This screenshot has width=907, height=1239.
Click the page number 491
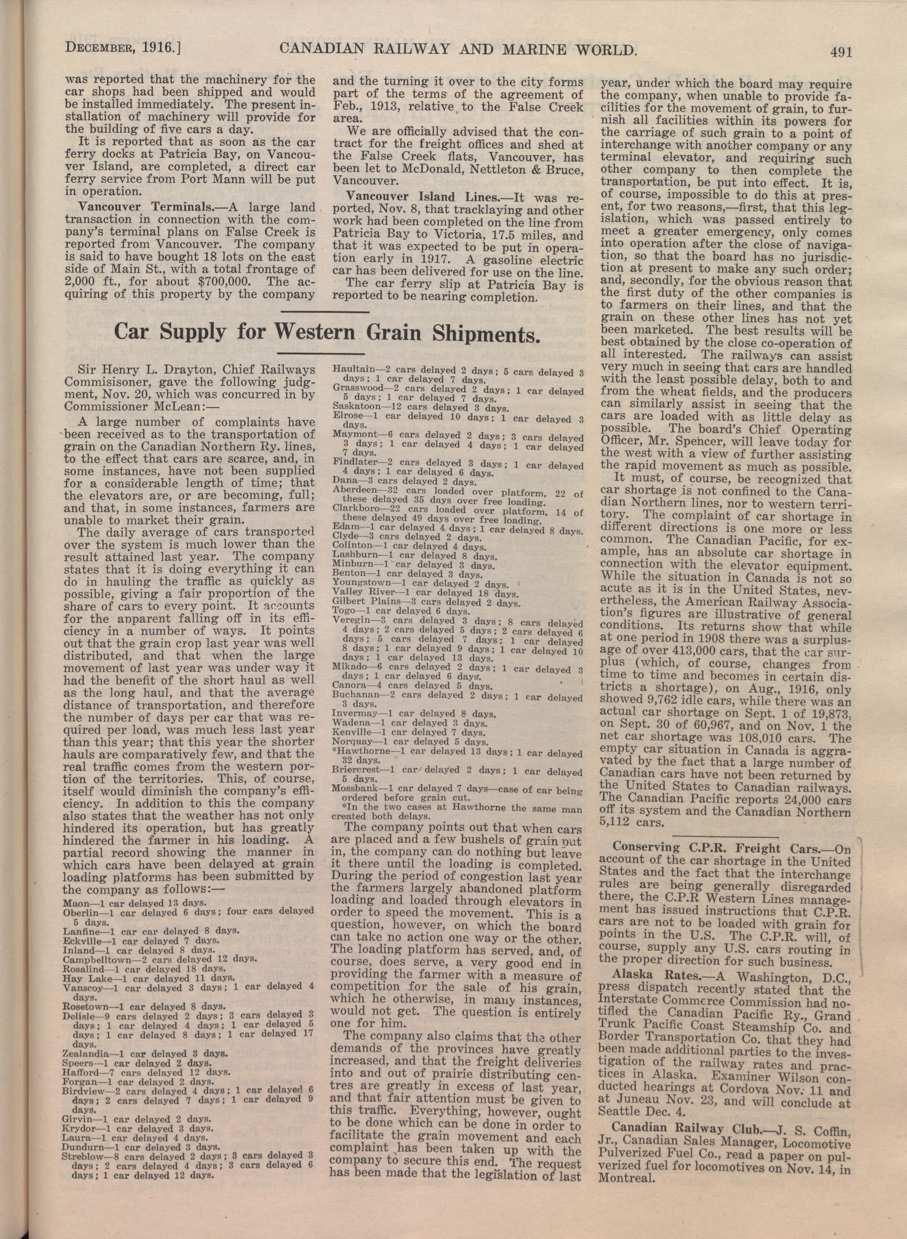tap(841, 52)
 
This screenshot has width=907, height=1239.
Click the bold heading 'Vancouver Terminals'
tap(146, 207)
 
